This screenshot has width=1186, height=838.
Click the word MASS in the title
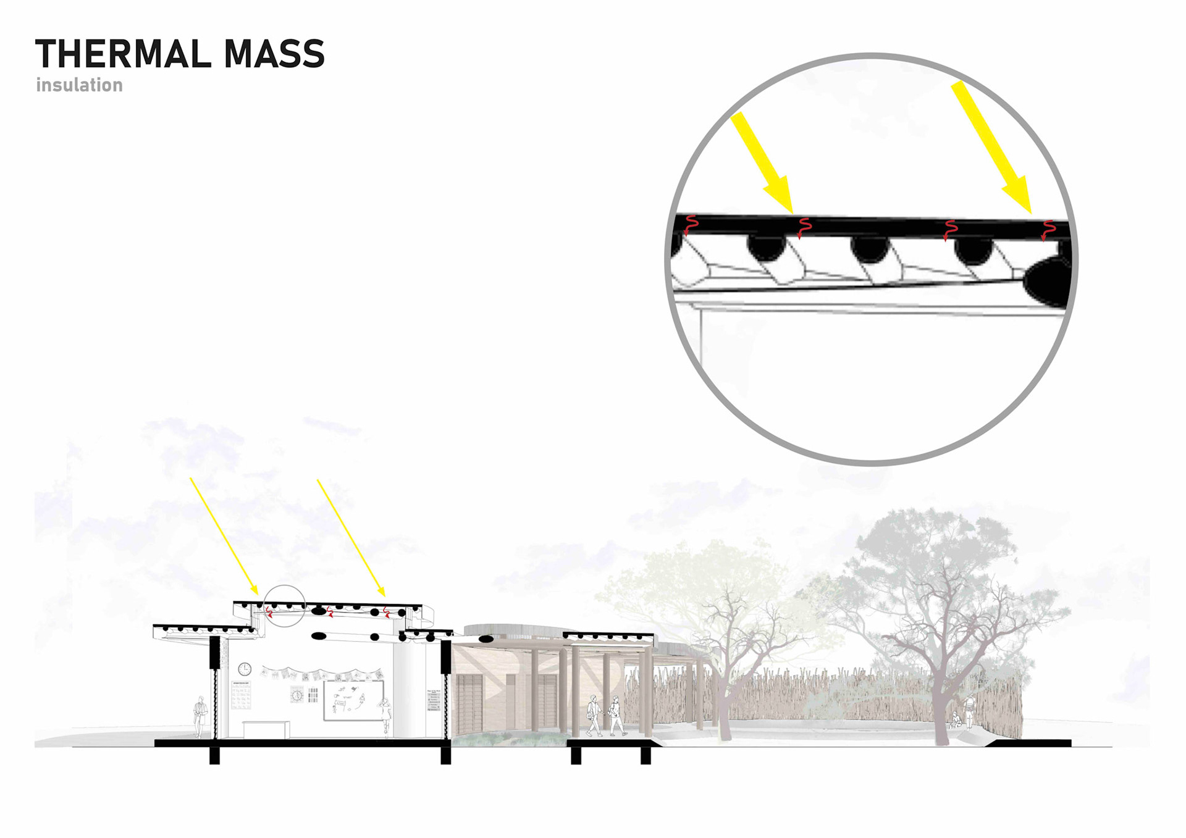point(274,54)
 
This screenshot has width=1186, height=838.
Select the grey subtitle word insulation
point(79,85)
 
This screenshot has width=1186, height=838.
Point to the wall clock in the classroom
point(245,669)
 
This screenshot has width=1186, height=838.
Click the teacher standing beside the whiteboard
point(386,716)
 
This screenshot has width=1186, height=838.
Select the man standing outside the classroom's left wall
point(199,716)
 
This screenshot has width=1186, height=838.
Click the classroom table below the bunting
point(266,729)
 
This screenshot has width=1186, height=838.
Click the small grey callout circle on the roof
point(284,606)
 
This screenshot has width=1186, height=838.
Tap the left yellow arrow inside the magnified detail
point(762,162)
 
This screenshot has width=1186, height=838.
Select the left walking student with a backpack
point(594,716)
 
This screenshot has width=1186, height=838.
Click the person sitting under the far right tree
point(955,720)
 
